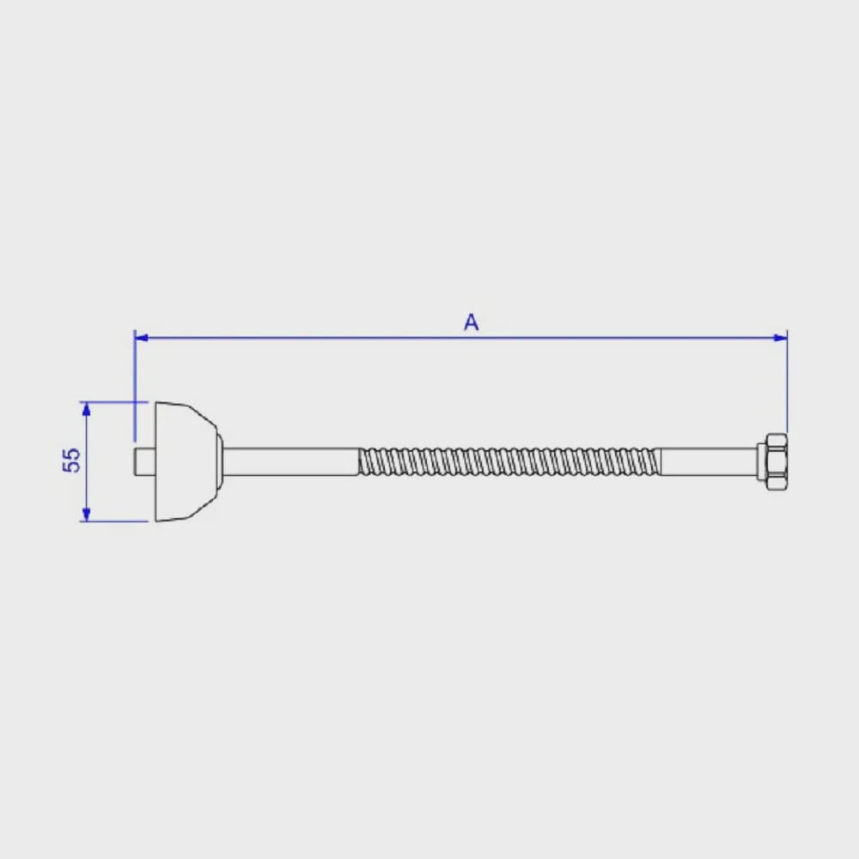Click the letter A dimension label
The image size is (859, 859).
(471, 322)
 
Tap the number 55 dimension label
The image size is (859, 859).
(72, 460)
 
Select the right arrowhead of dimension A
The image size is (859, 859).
(780, 338)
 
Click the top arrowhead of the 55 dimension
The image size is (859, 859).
(86, 409)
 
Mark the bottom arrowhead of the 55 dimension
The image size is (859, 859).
(86, 515)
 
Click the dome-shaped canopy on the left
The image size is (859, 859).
(186, 462)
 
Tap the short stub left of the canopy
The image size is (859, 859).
(144, 462)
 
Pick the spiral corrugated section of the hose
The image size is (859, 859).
(509, 462)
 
